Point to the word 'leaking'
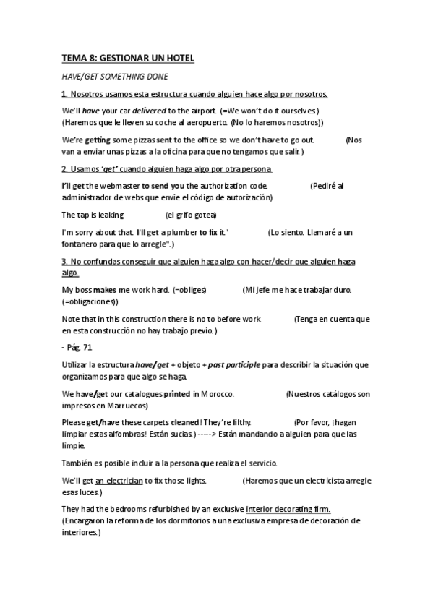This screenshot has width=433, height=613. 111,215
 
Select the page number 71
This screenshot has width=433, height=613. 87,347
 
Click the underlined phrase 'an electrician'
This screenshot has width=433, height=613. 119,481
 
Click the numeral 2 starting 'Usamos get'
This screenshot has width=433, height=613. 64,169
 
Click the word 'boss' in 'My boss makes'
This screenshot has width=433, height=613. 83,290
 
